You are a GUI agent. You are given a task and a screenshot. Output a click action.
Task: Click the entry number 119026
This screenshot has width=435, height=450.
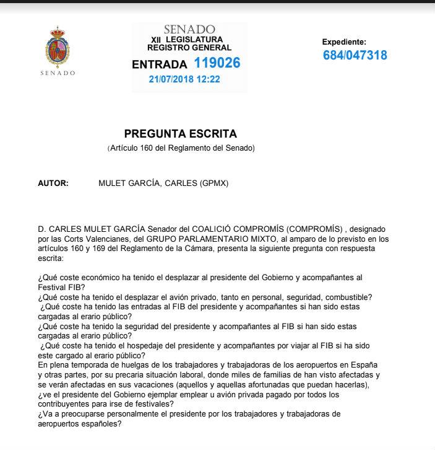click(x=217, y=63)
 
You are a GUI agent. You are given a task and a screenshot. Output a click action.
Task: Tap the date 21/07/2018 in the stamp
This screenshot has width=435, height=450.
click(x=171, y=79)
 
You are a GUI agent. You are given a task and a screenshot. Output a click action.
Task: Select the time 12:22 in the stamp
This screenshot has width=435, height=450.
click(x=209, y=79)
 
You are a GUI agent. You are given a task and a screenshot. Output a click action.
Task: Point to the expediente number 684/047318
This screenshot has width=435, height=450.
click(x=355, y=55)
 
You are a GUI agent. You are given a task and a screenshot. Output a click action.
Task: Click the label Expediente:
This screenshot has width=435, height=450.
click(x=344, y=42)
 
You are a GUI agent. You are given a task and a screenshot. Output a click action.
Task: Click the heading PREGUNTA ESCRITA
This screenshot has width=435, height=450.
click(x=180, y=134)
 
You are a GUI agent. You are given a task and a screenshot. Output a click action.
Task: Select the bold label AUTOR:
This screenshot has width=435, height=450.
click(x=53, y=183)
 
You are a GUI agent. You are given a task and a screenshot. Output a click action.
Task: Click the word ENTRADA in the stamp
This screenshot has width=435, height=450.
click(x=159, y=64)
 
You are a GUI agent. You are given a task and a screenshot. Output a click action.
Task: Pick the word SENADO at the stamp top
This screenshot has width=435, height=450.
click(x=189, y=30)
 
